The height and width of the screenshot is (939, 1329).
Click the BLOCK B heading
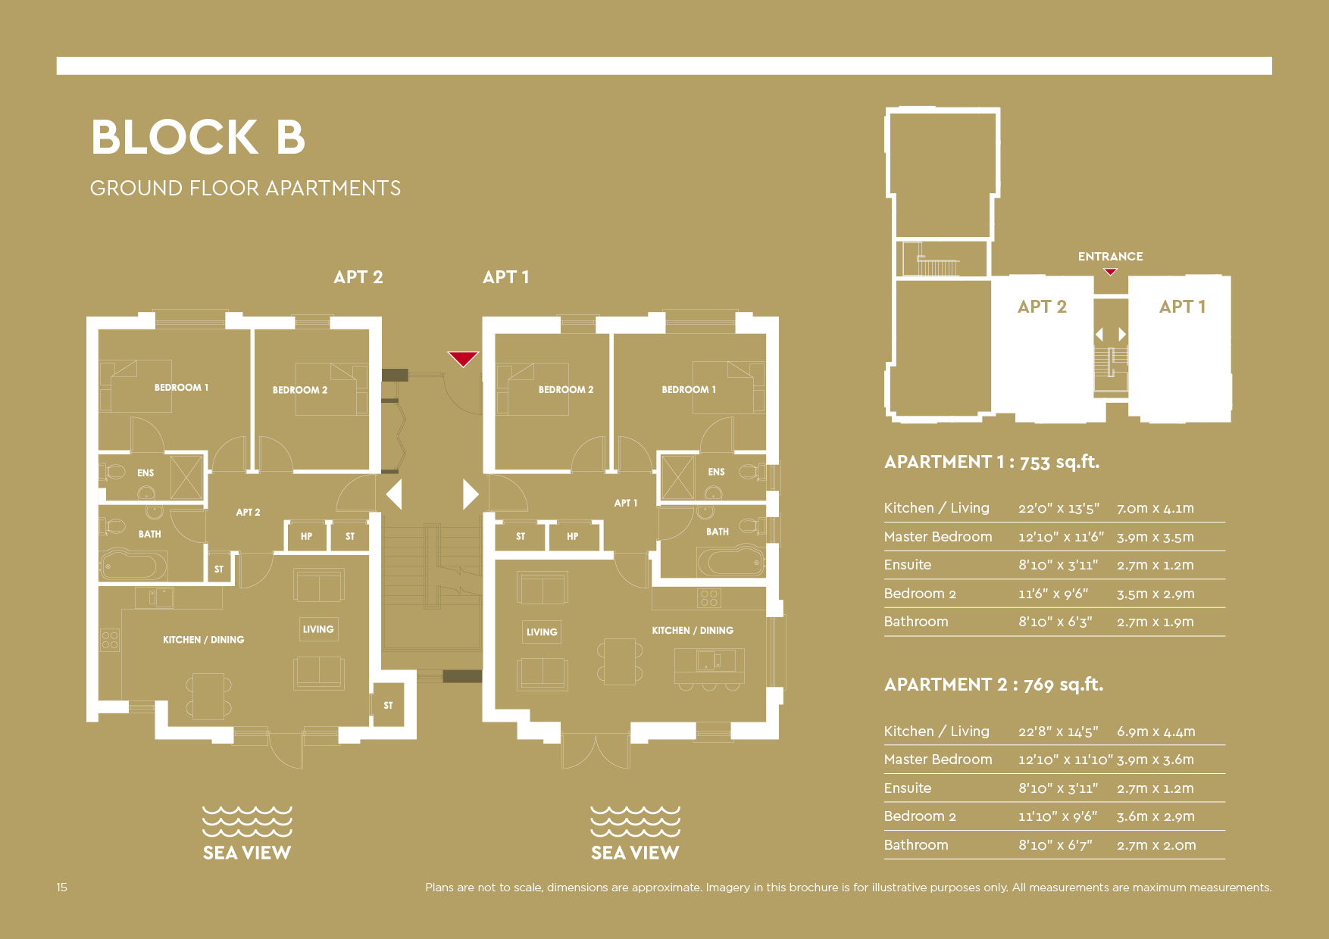pyautogui.click(x=198, y=137)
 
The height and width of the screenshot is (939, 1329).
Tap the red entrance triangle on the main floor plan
pyautogui.click(x=462, y=358)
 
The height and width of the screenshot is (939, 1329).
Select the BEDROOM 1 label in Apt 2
pyautogui.click(x=181, y=388)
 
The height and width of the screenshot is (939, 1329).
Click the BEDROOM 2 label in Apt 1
pyautogui.click(x=565, y=390)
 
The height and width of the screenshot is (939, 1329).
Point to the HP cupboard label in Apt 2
pyautogui.click(x=306, y=536)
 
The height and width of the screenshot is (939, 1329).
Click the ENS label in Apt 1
pyautogui.click(x=715, y=472)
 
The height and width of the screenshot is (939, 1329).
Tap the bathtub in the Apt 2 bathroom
pyautogui.click(x=134, y=565)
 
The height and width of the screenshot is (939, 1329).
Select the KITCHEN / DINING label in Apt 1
pyautogui.click(x=692, y=631)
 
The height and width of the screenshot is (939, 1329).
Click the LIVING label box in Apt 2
pyautogui.click(x=317, y=629)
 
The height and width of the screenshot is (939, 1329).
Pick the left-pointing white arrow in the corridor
pyautogui.click(x=394, y=494)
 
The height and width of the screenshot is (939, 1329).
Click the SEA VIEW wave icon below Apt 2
pyautogui.click(x=247, y=822)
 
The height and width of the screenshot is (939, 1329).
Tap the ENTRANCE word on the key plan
pyautogui.click(x=1110, y=257)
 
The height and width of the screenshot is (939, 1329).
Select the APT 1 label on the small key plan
pyautogui.click(x=1181, y=307)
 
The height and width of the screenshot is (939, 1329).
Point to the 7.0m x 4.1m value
pyautogui.click(x=1155, y=509)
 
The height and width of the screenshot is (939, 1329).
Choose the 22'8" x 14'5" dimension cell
pyautogui.click(x=1058, y=732)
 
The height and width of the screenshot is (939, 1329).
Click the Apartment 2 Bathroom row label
pyautogui.click(x=915, y=845)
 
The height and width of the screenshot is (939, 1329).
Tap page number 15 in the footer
pyautogui.click(x=61, y=888)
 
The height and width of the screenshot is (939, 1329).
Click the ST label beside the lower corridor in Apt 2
pyautogui.click(x=388, y=706)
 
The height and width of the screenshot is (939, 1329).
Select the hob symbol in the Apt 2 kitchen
pyautogui.click(x=110, y=641)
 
